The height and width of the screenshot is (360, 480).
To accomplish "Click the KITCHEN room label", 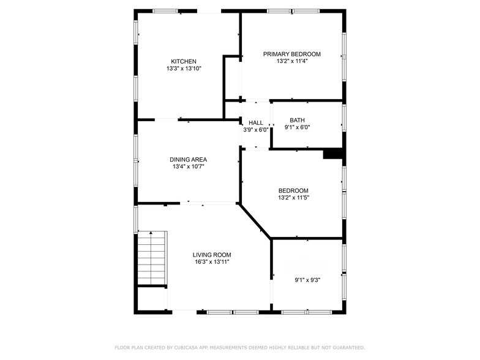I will click(184, 61).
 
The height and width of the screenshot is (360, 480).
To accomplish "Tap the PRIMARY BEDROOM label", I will click(291, 54).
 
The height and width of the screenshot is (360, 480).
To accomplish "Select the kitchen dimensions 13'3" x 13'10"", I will click(184, 69).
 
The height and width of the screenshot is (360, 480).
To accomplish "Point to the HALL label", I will click(256, 122).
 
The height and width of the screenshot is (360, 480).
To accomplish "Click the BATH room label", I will click(297, 120).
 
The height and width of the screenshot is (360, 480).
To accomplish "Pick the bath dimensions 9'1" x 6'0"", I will click(297, 127).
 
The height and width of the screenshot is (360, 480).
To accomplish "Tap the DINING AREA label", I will click(188, 159).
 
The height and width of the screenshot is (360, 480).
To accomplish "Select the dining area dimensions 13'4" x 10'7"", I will click(188, 167).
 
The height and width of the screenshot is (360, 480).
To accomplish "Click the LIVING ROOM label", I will click(212, 255).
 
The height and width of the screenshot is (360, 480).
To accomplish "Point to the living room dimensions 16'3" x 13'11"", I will click(212, 262).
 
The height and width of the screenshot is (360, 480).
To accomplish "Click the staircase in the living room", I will click(151, 258).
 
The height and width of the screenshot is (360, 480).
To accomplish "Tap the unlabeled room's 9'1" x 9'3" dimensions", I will click(307, 280).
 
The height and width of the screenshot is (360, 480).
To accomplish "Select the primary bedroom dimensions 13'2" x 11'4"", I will click(291, 61).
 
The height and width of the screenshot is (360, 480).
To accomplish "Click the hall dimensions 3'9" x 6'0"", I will click(256, 130).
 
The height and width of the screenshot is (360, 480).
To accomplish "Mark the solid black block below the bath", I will click(332, 154).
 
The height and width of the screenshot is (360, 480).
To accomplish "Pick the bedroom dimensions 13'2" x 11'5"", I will click(293, 198).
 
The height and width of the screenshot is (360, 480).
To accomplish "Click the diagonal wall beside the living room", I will click(255, 222).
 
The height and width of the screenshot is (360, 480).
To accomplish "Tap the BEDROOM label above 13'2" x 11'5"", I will click(293, 190).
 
